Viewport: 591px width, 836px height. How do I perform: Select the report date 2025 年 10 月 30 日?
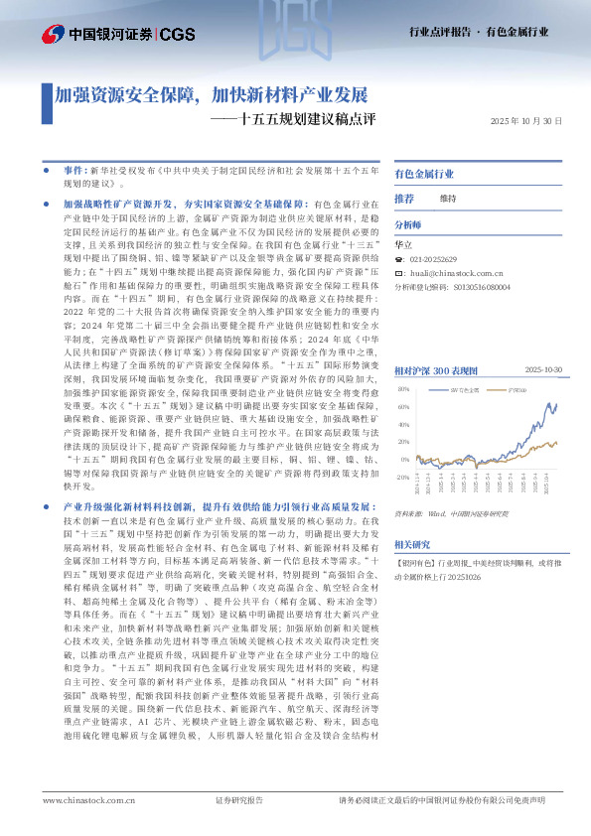click(526, 120)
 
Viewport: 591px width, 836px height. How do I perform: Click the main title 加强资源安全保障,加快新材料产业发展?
click(211, 96)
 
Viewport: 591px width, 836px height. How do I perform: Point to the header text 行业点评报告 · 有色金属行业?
click(479, 33)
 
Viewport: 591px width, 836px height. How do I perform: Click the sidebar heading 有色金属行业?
click(424, 173)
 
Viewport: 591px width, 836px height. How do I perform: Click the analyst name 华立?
click(403, 243)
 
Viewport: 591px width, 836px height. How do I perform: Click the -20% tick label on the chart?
click(402, 477)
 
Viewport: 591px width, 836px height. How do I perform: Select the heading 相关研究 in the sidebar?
click(411, 545)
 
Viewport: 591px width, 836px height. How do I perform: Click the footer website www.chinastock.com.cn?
click(82, 800)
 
